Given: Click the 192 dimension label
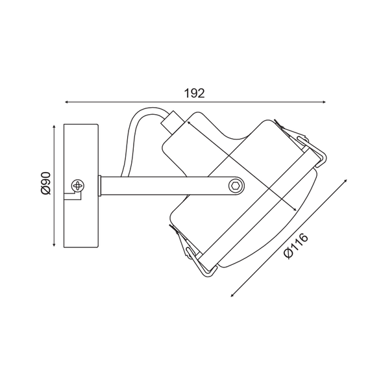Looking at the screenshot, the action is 194,93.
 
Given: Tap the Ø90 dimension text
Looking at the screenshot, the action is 46,184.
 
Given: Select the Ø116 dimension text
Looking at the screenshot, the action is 296,246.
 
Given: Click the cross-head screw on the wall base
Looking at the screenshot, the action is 78,186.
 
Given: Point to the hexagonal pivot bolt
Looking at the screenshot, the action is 236,186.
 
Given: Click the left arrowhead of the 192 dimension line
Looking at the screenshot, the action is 67,102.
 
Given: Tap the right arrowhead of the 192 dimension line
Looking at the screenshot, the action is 324,102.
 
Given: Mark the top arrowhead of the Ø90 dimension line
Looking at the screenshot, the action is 55,127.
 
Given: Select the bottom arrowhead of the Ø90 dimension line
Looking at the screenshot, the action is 55,245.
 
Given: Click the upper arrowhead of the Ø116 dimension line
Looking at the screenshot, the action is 345,181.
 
